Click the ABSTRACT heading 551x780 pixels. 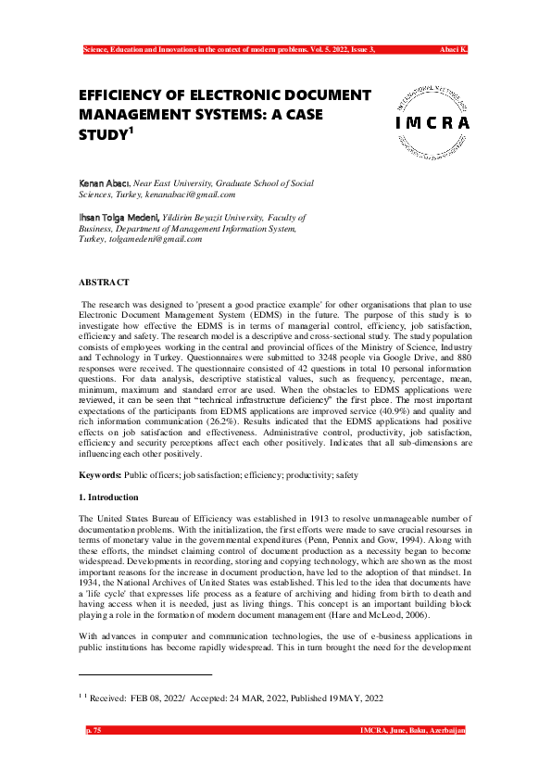[104, 282]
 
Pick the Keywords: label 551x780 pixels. [100, 474]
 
